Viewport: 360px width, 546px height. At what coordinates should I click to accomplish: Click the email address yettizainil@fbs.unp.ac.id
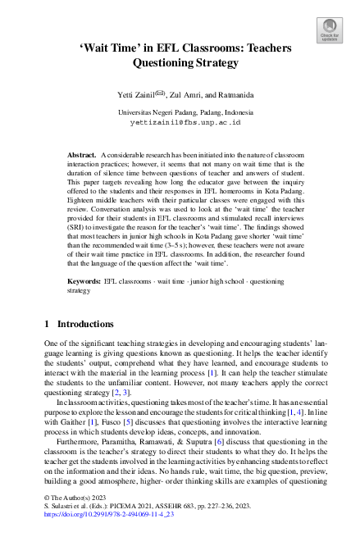pyautogui.click(x=180, y=121)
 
